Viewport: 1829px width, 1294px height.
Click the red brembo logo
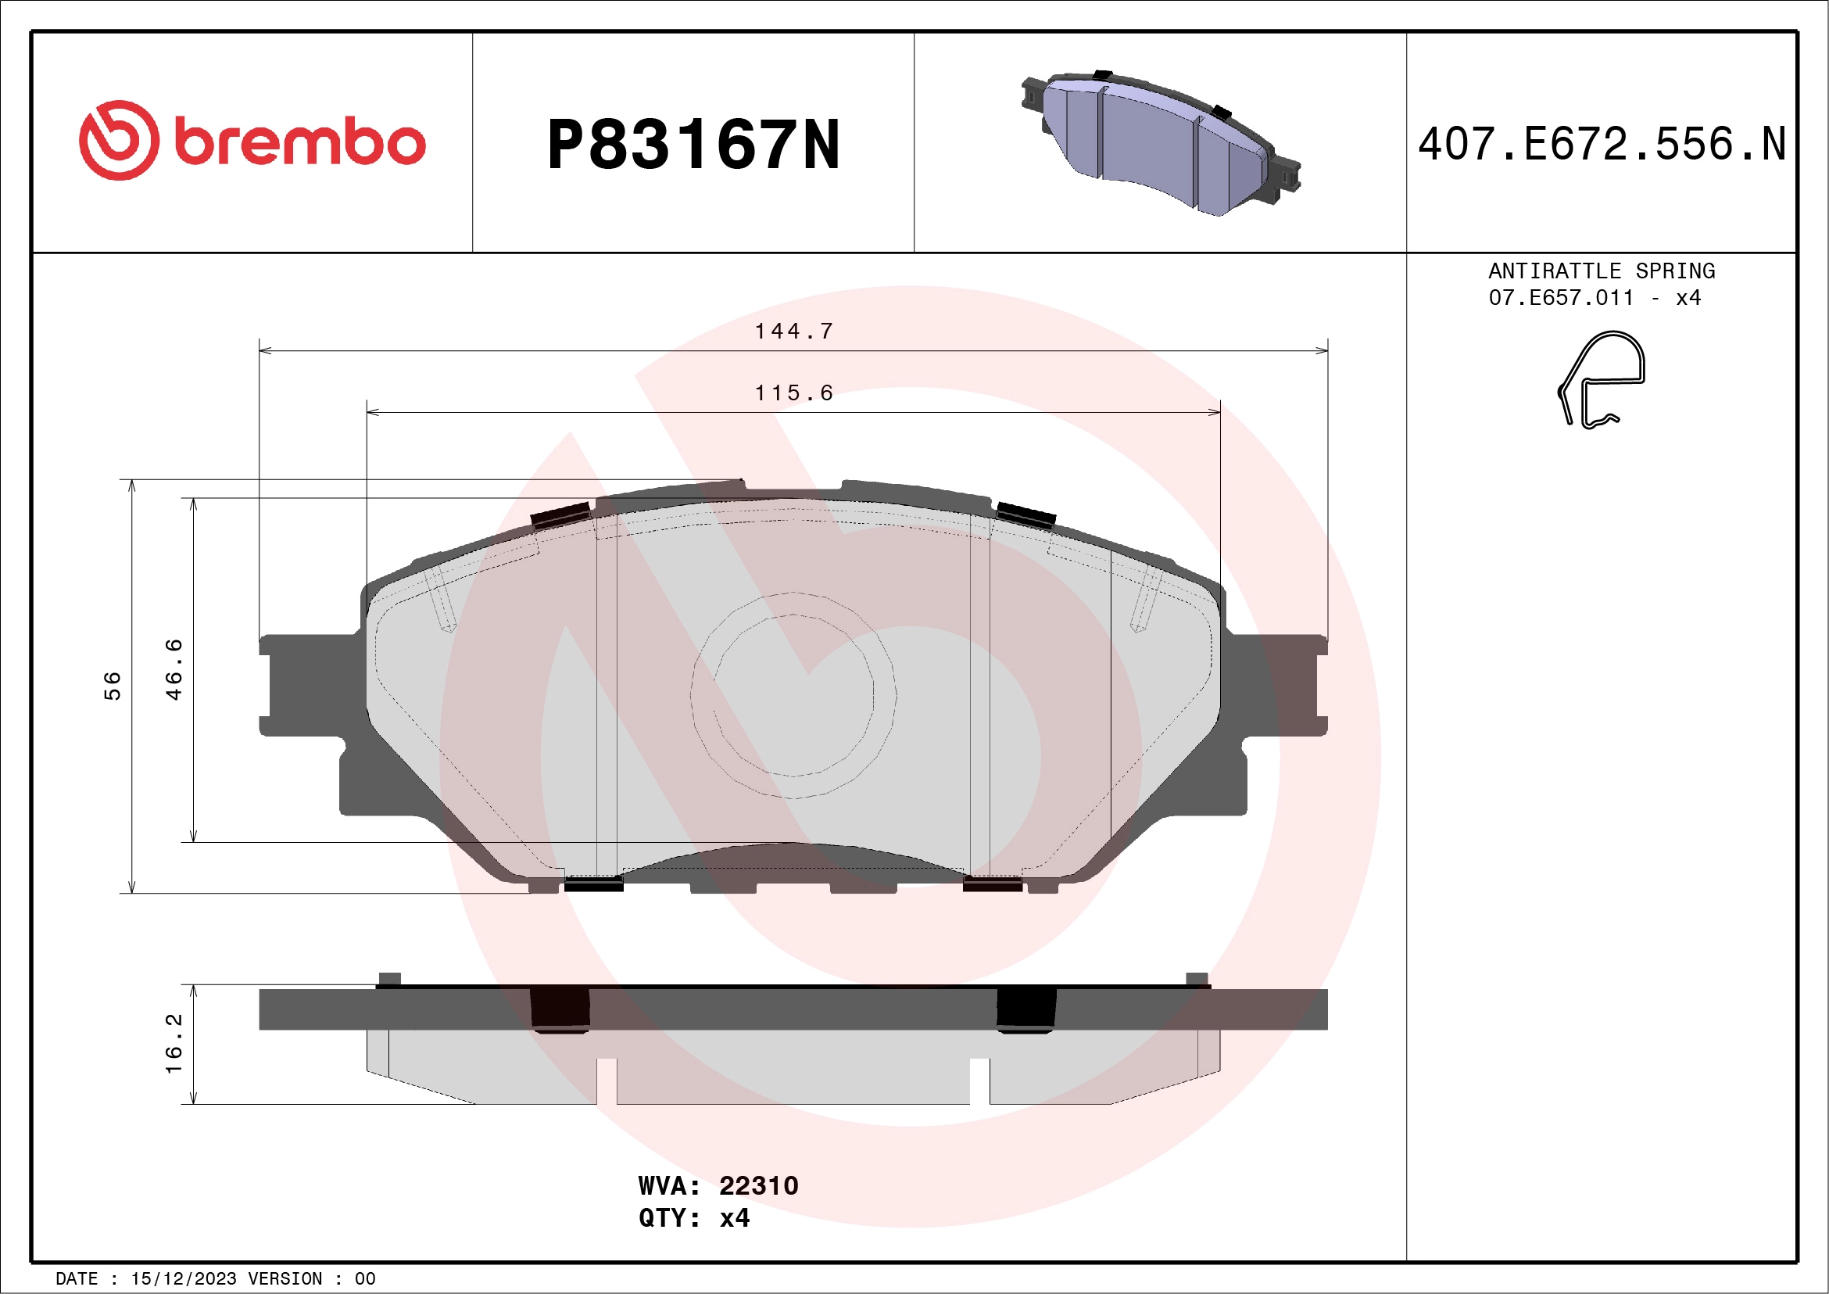(x=252, y=140)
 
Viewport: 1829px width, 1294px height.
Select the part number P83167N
(x=693, y=144)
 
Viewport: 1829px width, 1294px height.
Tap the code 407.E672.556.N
(x=1602, y=144)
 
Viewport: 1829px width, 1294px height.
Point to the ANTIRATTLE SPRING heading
(x=1602, y=271)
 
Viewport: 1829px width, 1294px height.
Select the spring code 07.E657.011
(x=1561, y=298)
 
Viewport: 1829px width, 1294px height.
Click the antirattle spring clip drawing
(x=1602, y=379)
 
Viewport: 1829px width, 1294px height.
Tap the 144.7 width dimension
(x=793, y=331)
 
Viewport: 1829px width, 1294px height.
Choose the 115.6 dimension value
(x=793, y=393)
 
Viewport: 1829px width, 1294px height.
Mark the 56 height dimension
(x=113, y=685)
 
